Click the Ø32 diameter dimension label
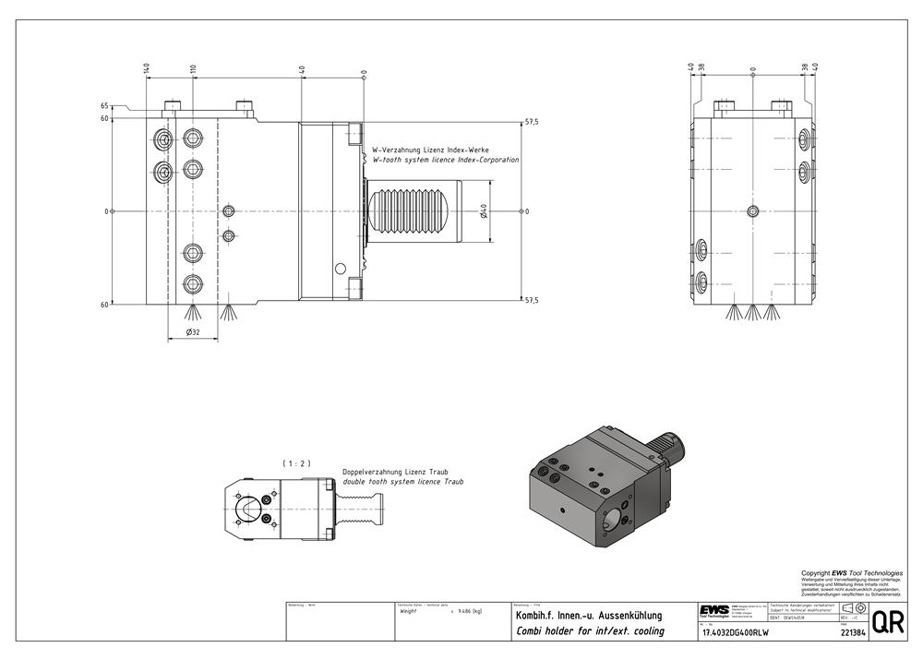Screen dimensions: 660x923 [194, 331]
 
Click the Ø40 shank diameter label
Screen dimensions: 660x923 [484, 212]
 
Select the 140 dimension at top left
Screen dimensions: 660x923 [146, 69]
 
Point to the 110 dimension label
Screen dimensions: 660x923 [193, 69]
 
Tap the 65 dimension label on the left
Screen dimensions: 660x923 [105, 106]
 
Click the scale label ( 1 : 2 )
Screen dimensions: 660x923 [296, 463]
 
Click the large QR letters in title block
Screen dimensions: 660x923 [888, 622]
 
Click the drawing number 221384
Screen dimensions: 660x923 [852, 633]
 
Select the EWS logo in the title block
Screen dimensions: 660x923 [712, 611]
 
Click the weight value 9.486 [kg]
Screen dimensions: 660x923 [464, 611]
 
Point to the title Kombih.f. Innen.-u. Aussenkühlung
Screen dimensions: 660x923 [588, 615]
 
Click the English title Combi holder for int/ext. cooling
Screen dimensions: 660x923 [589, 631]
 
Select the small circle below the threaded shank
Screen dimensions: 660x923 [340, 268]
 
